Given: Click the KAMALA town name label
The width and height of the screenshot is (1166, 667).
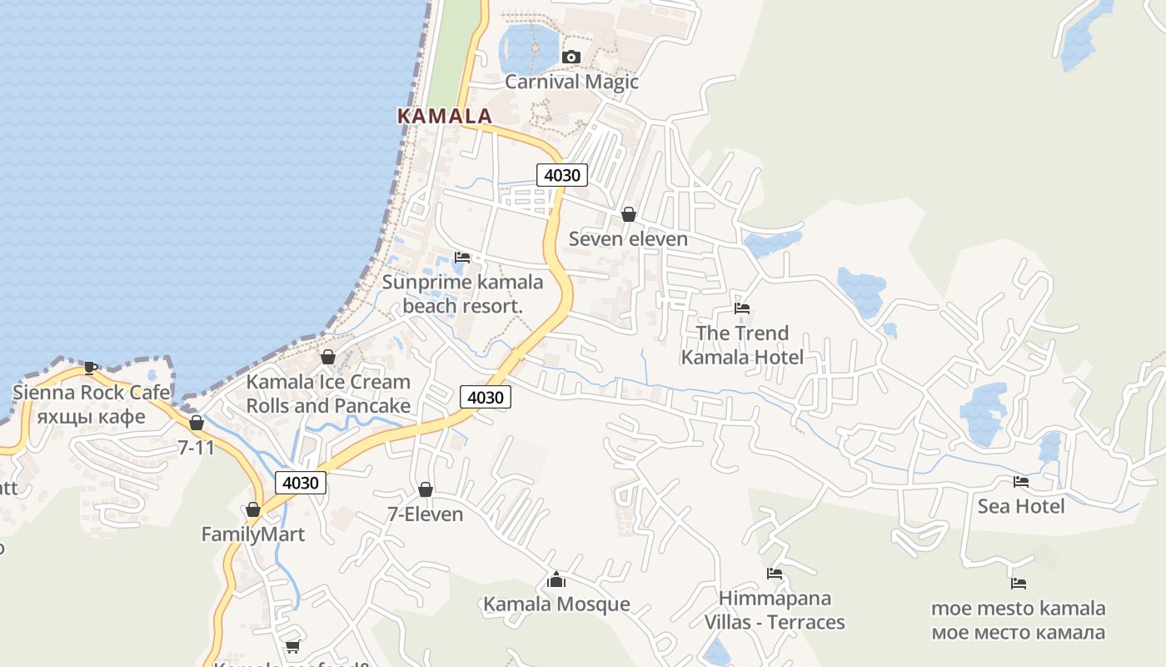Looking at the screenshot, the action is point(445,116).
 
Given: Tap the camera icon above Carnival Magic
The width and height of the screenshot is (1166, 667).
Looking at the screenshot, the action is point(571,57).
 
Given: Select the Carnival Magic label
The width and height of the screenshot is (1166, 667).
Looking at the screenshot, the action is point(571,82).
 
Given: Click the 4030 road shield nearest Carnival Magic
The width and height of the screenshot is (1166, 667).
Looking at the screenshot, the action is point(562,175).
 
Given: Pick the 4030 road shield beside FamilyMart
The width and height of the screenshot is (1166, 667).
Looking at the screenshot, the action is point(301,483).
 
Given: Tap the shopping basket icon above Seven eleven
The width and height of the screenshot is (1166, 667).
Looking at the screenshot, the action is point(629,214).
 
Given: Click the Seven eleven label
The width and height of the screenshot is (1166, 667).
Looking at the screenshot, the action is point(628,239).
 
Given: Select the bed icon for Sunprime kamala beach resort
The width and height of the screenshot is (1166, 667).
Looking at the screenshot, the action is point(462,257).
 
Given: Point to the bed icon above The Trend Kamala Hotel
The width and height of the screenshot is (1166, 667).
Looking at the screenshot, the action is point(742,308).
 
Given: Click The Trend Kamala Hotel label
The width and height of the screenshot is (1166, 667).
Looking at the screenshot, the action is point(742,345).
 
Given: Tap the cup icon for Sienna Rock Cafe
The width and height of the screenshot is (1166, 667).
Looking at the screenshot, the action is point(91,367).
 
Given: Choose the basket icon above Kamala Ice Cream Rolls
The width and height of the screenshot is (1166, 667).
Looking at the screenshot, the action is point(328,357).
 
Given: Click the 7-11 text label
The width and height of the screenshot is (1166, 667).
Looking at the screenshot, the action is point(197,448).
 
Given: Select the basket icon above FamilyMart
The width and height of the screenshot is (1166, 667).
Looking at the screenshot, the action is point(253,509).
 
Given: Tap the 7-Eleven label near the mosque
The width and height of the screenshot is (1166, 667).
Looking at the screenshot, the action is point(425,514).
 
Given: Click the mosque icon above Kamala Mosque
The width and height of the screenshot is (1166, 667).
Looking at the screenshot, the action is point(556,579).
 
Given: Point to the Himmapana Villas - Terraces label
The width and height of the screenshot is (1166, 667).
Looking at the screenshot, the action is point(775,610).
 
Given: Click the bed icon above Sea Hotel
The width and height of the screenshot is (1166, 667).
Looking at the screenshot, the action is point(1020,481).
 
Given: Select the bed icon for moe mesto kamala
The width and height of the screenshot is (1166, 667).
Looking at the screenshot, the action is point(1018,583).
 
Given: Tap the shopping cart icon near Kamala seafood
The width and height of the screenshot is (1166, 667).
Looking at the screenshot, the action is point(292,646).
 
